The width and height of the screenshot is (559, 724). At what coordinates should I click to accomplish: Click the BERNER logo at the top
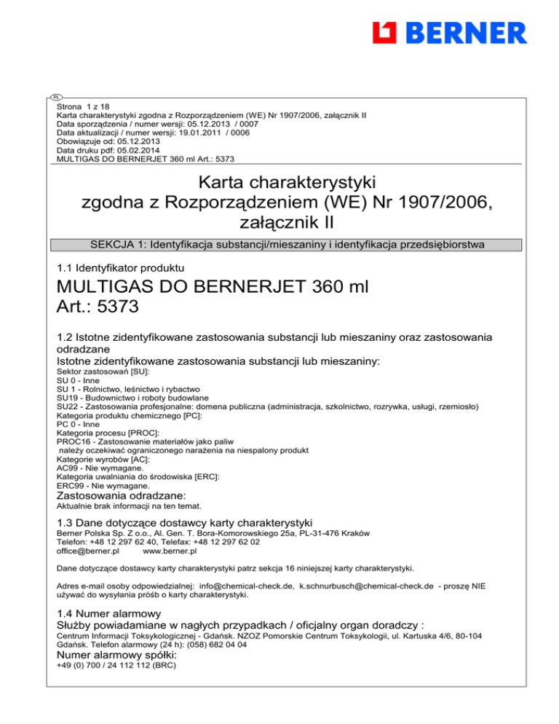click(449, 33)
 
